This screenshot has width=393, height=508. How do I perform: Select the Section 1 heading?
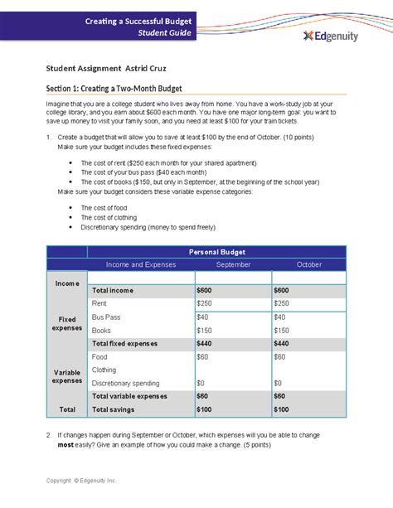pos(114,88)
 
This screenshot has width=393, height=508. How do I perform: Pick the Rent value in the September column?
pos(205,304)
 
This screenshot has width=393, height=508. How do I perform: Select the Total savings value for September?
pos(205,409)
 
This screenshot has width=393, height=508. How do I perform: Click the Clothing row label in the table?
pos(104,370)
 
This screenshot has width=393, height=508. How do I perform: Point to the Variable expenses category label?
pos(66,376)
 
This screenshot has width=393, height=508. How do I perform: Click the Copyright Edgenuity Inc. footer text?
pos(82,480)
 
